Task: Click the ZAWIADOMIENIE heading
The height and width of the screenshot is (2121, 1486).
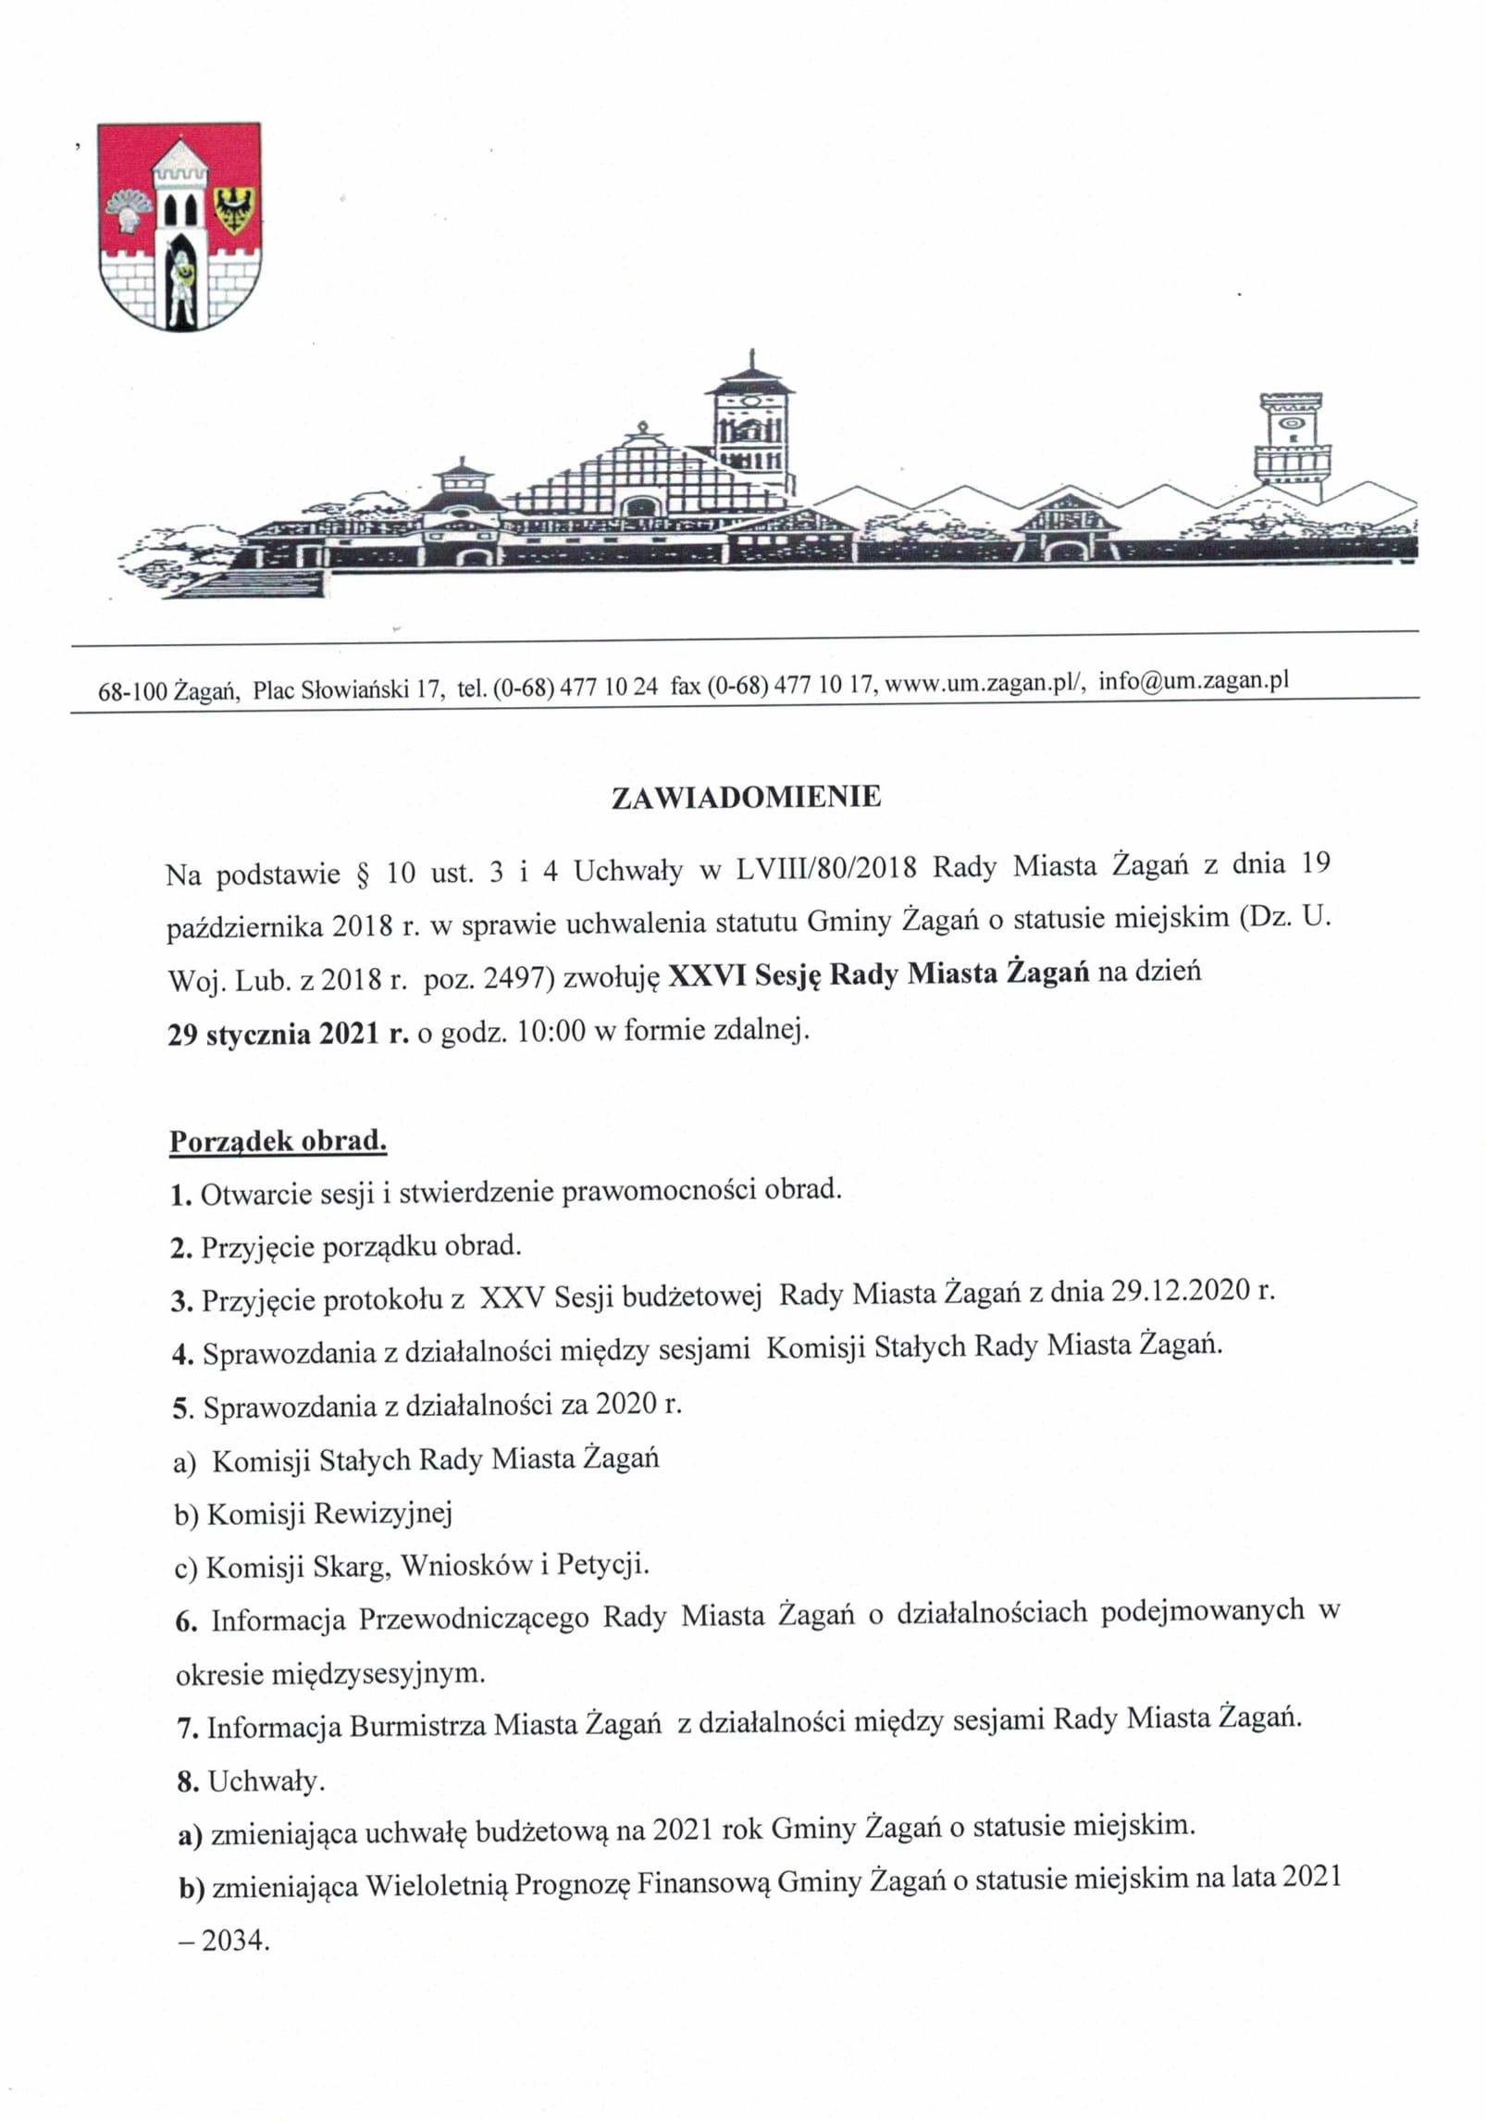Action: (x=746, y=798)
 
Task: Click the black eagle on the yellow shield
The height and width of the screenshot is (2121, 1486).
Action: (x=235, y=209)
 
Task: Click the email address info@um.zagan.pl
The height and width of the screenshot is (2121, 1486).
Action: (x=1194, y=681)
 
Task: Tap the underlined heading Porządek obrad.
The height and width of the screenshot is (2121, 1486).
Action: (x=278, y=1140)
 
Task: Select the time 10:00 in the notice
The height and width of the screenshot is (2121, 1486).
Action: (x=551, y=1031)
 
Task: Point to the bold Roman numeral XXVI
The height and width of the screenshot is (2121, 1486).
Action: (x=707, y=974)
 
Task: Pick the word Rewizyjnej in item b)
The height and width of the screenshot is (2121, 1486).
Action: (x=383, y=1513)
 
